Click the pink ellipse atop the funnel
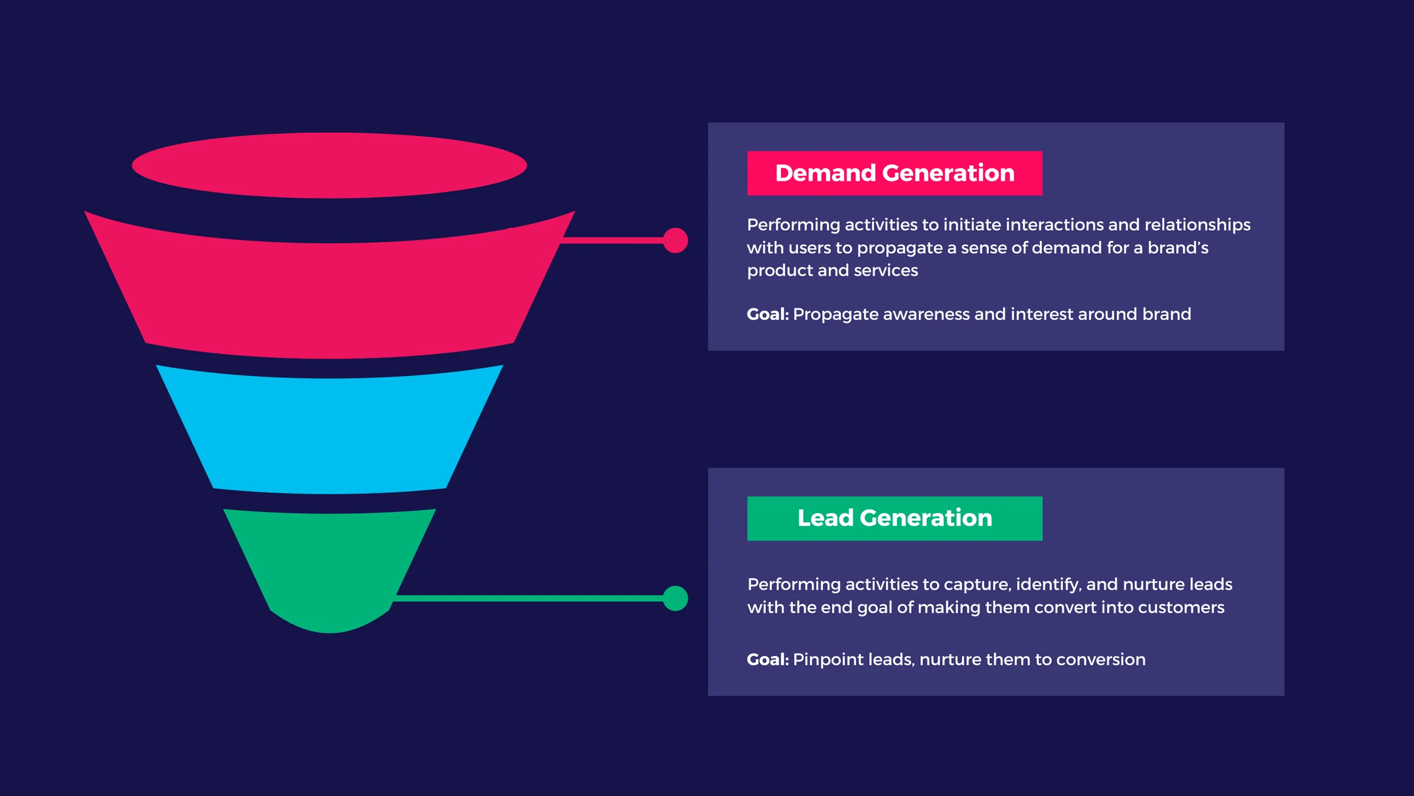[329, 166]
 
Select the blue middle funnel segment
[329, 430]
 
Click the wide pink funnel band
[329, 286]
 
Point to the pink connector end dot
[675, 240]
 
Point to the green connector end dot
[675, 598]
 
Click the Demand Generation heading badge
[895, 173]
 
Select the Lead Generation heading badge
[895, 518]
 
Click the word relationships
[1197, 225]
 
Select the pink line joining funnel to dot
[611, 240]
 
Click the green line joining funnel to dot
[529, 598]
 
